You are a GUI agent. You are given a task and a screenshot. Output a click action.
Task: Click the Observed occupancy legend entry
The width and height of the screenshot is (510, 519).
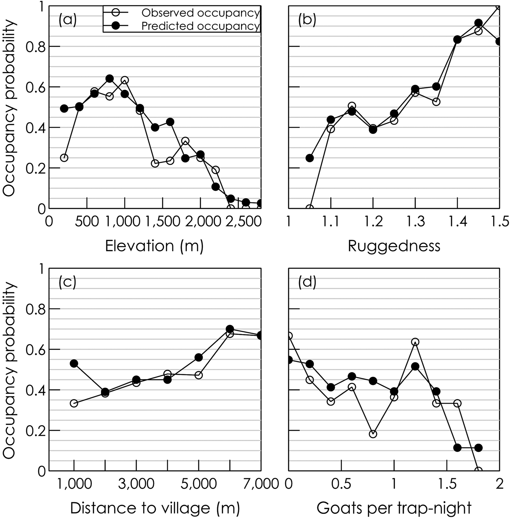click(200, 13)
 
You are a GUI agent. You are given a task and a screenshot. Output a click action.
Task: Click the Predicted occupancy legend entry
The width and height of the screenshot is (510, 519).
click(200, 26)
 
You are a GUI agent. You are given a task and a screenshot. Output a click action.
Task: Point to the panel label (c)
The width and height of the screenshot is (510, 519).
click(67, 282)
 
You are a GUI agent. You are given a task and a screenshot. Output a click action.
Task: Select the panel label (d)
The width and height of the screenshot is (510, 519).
click(307, 282)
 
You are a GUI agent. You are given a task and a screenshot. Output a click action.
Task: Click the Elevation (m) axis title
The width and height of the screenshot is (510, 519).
click(154, 246)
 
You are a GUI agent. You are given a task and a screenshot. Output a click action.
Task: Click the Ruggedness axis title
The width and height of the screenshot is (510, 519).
click(394, 246)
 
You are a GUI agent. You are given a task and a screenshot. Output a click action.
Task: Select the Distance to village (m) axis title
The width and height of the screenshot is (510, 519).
click(154, 508)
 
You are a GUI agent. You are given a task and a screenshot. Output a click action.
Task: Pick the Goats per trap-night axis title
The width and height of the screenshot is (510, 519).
click(394, 508)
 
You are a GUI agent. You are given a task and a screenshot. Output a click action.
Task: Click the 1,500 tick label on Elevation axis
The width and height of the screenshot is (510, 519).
click(162, 222)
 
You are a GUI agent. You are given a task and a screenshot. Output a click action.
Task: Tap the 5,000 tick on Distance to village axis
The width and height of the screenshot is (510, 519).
click(199, 484)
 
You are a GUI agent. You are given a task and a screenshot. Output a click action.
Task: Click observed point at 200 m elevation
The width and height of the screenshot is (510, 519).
click(64, 158)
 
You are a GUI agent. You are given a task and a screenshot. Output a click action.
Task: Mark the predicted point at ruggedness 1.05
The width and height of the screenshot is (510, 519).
click(310, 158)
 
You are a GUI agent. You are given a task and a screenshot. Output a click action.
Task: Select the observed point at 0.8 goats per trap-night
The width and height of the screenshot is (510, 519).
click(373, 434)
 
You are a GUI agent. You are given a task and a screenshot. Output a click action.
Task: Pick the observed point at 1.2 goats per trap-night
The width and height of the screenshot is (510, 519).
click(415, 342)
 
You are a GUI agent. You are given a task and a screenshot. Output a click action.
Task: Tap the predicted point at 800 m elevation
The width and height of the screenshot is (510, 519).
click(110, 79)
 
